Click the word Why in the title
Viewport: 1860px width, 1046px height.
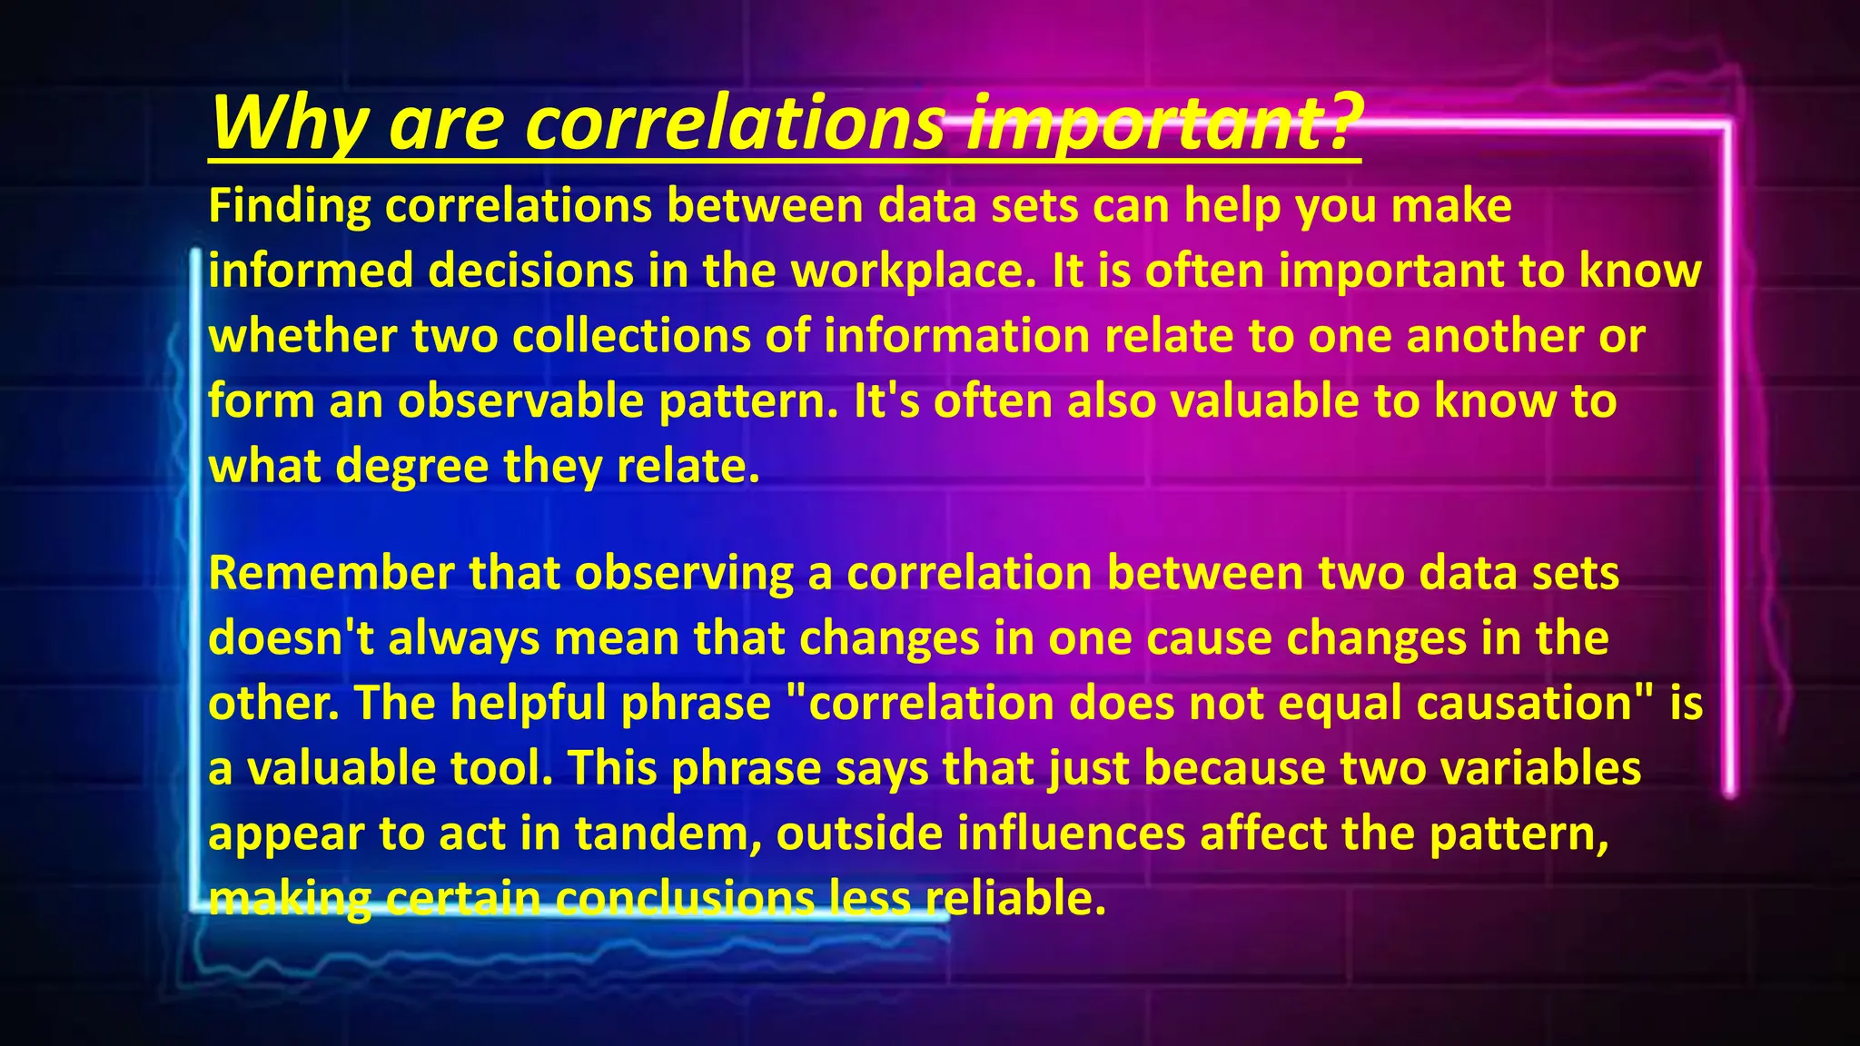[289, 124]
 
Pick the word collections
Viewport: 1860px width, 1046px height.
[631, 336]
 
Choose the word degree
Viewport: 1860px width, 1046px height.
[411, 467]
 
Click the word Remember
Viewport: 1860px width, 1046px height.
[331, 573]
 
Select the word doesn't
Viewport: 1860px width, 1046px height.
[291, 638]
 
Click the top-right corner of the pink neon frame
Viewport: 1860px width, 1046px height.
[1727, 126]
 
